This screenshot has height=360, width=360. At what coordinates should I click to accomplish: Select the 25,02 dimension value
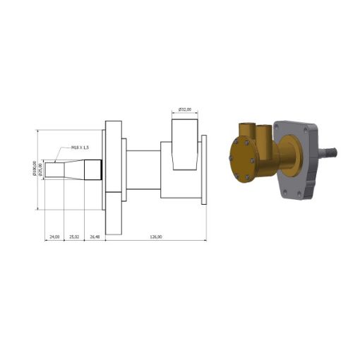coord(74,236)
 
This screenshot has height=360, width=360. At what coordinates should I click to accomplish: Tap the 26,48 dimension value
coord(95,236)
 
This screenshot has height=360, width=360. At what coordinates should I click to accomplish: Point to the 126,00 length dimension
coord(156,236)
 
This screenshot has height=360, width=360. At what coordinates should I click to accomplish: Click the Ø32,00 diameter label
coord(185,109)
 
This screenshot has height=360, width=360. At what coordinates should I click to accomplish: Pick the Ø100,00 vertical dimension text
coord(35,169)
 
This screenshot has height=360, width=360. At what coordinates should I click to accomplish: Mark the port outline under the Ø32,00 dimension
coord(185,145)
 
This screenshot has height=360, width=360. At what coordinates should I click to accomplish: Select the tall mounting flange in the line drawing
coord(113,169)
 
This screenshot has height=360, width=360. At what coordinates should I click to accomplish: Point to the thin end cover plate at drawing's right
coord(204,169)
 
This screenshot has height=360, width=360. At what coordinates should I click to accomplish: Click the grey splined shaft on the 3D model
coord(330,151)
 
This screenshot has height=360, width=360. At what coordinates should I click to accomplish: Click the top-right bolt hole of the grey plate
coord(309,128)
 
